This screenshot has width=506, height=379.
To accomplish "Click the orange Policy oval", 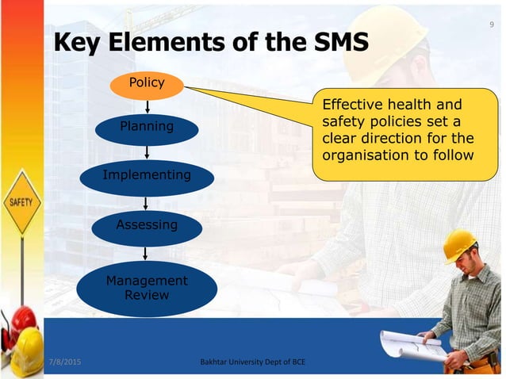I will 147,83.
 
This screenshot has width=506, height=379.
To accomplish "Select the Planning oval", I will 147,127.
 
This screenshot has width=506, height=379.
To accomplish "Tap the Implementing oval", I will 147,175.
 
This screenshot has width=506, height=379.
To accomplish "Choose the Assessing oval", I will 147,225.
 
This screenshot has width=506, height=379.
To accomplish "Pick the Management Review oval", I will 147,288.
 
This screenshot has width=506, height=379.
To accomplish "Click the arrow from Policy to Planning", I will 147,105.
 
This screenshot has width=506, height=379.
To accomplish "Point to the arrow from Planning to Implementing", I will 147,152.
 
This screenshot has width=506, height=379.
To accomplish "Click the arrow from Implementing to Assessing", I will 147,201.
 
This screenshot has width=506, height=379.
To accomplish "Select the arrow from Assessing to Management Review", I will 147,251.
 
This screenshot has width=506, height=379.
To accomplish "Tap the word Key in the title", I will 78,43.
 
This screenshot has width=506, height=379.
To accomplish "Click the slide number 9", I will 493,25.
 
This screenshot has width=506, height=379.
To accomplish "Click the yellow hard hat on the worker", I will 459,245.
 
